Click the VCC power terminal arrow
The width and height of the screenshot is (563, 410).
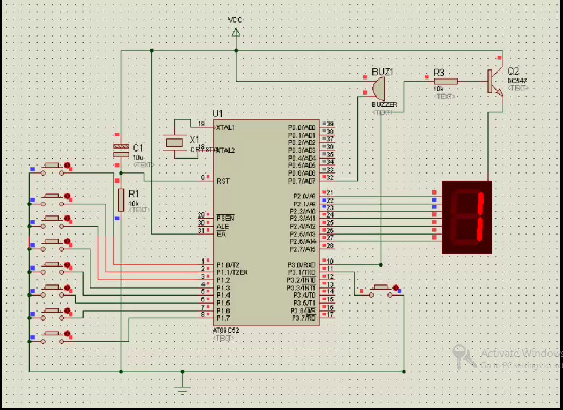point(235,32)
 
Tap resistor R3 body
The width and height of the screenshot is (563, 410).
point(445,81)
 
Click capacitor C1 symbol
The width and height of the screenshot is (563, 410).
point(121,150)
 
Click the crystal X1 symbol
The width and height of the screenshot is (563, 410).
point(175,142)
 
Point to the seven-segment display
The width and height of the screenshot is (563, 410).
point(466,217)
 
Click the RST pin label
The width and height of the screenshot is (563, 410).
point(223,181)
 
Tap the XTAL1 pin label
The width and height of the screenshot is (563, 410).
point(225,127)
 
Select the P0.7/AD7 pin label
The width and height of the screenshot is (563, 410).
point(302,181)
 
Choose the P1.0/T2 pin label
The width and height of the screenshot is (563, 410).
point(228,264)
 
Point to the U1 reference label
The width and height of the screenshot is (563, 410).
point(217,113)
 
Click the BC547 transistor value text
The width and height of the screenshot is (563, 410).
point(516,81)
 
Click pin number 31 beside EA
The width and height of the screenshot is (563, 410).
point(201,231)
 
